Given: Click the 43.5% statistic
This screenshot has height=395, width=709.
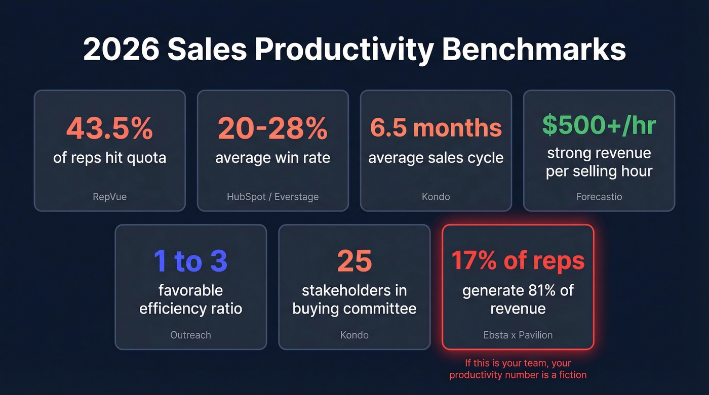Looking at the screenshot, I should click(109, 128).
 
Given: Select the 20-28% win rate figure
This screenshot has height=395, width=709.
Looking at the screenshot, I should click(272, 128).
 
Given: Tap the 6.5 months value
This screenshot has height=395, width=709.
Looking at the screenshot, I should click(436, 128).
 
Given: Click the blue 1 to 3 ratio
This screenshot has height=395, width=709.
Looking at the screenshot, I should click(190, 261).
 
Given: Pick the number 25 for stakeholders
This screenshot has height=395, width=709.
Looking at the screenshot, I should click(354, 261).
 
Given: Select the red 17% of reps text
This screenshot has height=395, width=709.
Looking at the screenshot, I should click(518, 261).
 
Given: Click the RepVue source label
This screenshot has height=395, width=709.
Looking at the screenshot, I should click(109, 196).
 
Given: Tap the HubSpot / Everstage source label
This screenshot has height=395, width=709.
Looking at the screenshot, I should click(272, 196).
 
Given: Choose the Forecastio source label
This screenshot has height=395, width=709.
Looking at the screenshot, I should click(599, 196).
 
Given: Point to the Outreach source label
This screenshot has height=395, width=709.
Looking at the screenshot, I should click(190, 334).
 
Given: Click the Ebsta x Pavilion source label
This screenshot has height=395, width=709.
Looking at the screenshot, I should click(518, 334).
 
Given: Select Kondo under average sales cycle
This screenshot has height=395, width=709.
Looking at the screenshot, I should click(436, 196).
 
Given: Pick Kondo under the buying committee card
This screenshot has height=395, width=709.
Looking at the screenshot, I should click(354, 334).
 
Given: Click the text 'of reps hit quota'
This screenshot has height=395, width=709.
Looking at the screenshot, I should click(109, 157).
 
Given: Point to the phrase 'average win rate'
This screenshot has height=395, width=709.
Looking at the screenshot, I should click(272, 157).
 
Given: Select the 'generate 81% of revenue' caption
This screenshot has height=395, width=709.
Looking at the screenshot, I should click(518, 299).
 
